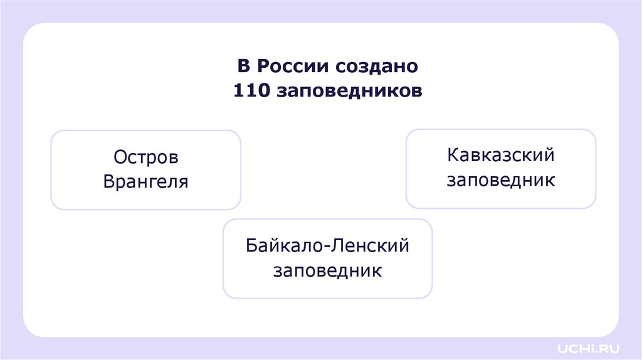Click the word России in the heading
pyautogui.click(x=292, y=66)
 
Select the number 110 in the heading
pyautogui.click(x=251, y=91)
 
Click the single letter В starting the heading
pyautogui.click(x=243, y=66)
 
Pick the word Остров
pyautogui.click(x=146, y=157)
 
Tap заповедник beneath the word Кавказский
pyautogui.click(x=501, y=181)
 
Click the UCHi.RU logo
pyautogui.click(x=582, y=347)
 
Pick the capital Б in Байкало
pyautogui.click(x=251, y=245)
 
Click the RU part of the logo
pyautogui.click(x=600, y=347)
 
